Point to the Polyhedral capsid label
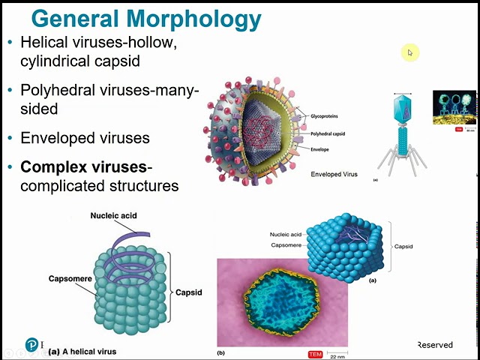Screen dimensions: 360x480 [329, 133]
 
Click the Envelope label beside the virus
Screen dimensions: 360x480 [320, 150]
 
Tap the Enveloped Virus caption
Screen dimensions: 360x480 [334, 174]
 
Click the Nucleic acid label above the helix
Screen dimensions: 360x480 [113, 216]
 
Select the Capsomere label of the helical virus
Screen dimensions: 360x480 [70, 279]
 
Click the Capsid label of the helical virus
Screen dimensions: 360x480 [188, 292]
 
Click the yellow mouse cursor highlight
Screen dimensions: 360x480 [409, 52]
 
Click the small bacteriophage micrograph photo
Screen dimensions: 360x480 [454, 106]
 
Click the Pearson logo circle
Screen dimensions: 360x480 [33, 344]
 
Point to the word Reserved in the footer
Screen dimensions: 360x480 [435, 345]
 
